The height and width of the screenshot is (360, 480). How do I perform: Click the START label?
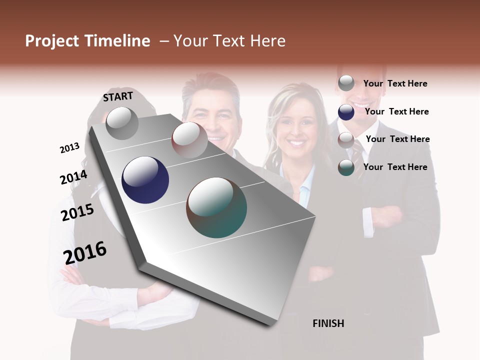tap(118, 96)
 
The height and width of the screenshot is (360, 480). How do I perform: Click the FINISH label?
tap(328, 323)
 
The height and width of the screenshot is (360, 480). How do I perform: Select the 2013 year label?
tap(69, 148)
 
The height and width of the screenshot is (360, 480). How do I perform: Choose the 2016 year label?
tap(85, 252)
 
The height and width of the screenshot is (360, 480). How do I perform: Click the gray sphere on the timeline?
tap(122, 123)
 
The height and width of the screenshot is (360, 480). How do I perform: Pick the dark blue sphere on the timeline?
tap(145, 180)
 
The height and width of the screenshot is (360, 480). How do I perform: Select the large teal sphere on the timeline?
tap(216, 207)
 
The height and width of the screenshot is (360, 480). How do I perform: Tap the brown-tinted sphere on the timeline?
tap(189, 140)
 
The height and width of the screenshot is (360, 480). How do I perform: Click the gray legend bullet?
tap(346, 83)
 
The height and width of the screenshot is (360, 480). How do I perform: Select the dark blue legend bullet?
tap(346, 112)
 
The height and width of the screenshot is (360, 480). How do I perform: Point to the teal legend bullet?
tap(346, 167)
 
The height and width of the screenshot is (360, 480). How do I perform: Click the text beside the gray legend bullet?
tap(395, 84)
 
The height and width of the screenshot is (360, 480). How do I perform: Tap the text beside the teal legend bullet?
tap(395, 167)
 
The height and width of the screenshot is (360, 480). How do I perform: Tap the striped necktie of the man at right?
tap(358, 160)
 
